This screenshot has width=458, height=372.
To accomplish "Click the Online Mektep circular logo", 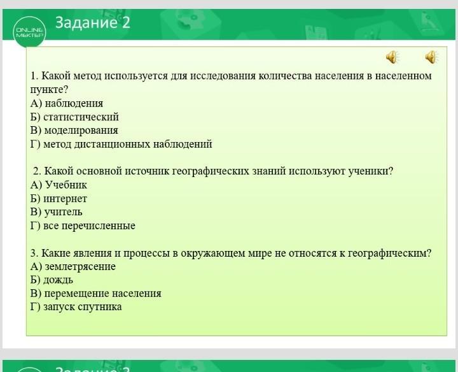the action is [29, 32].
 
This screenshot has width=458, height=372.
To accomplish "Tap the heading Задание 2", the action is [93, 22].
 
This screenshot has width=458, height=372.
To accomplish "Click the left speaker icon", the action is [392, 57].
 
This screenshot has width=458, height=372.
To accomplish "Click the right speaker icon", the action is [431, 57].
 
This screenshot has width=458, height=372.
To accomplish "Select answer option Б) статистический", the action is [74, 117].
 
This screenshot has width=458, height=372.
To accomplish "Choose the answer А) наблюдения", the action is [67, 103].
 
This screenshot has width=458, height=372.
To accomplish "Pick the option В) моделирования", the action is [74, 130].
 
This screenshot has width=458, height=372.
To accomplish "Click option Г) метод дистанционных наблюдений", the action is [121, 144].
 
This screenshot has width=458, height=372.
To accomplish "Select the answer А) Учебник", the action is [59, 185].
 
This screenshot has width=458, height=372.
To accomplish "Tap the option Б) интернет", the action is [59, 199].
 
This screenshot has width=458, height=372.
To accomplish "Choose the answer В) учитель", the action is [56, 211].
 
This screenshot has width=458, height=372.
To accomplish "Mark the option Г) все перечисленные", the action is [83, 225].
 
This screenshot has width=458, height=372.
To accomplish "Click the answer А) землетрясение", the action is [73, 266].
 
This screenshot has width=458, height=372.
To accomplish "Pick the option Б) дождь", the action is [52, 280].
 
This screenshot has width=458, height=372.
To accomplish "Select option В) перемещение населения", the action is [95, 293].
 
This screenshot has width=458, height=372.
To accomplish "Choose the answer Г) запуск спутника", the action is [76, 307].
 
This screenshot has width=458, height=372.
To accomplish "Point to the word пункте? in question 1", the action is [49, 90].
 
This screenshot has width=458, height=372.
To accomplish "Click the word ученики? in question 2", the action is [371, 171].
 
